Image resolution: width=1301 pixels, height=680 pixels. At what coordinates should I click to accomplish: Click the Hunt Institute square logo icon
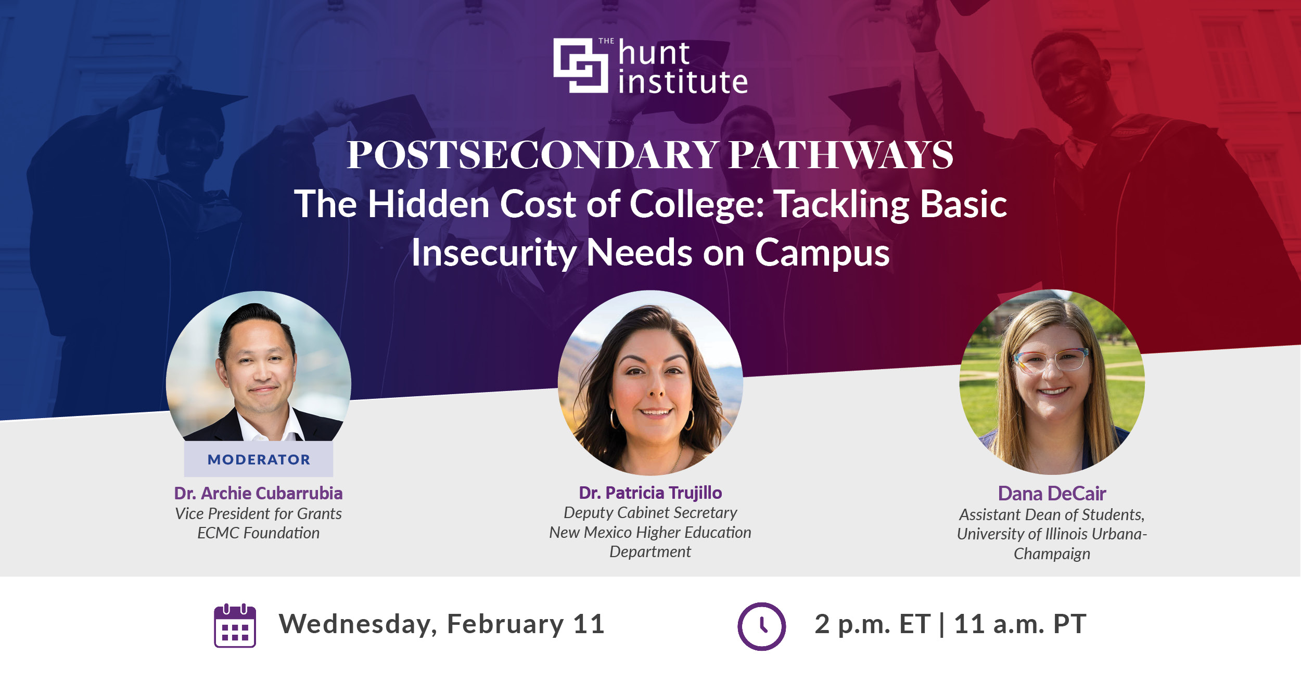[580, 65]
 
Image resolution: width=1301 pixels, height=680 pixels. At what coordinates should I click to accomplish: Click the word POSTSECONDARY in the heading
[533, 155]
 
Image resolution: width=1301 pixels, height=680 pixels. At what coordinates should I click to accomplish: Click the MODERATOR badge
[259, 459]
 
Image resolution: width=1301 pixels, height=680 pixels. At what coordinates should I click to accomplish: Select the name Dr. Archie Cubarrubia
[258, 493]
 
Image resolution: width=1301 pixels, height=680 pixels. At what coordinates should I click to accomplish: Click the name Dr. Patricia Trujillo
[650, 493]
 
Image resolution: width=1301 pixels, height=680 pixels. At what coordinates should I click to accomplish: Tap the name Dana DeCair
[1052, 494]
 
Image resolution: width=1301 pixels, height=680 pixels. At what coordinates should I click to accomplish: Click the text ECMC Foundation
[258, 533]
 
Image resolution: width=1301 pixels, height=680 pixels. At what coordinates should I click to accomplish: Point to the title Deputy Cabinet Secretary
[650, 513]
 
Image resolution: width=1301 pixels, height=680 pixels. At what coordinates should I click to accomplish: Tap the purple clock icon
[761, 626]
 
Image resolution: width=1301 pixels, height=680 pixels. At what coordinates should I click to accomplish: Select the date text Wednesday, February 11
[442, 624]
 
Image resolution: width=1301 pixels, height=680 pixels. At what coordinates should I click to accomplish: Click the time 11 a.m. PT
[1020, 624]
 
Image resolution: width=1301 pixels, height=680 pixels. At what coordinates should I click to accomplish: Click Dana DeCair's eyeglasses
[1050, 359]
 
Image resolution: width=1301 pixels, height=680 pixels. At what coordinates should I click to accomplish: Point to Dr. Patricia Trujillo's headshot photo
[650, 383]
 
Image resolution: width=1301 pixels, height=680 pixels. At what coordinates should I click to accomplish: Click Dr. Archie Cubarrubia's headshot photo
[259, 370]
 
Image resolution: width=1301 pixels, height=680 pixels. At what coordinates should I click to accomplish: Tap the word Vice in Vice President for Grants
[189, 514]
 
